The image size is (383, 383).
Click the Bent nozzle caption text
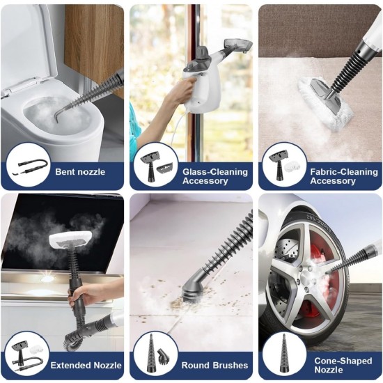[81, 171]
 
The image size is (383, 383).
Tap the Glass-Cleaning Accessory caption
[205, 175]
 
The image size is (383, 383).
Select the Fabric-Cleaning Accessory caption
[333, 175]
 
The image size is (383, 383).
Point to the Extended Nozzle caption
[81, 365]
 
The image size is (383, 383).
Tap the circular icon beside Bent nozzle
[27, 165]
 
